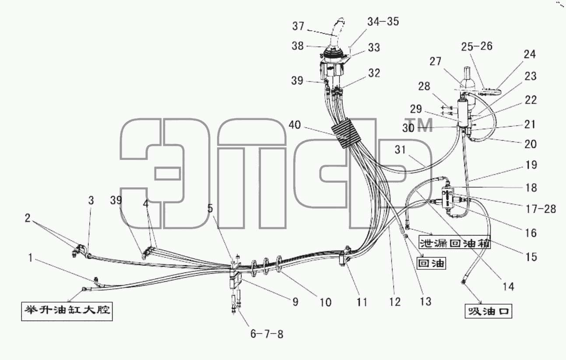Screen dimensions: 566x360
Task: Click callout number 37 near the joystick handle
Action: pos(298,26)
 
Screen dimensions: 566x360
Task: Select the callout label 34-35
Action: pos(383,21)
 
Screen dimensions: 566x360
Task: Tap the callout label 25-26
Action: pos(477,46)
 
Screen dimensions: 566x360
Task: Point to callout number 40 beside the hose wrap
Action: pos(295,125)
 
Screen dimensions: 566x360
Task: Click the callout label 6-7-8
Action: pos(267,334)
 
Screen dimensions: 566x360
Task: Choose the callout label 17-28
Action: pos(541,209)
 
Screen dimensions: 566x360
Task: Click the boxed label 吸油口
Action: pos(488,311)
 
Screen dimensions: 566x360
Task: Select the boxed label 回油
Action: pos(431,263)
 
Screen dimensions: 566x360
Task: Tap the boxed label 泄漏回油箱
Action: pos(454,244)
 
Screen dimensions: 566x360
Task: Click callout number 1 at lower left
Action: pos(30,258)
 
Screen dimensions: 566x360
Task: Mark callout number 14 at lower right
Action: pos(508,287)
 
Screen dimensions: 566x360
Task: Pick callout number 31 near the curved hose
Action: pos(400,150)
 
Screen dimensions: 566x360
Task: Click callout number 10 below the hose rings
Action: pos(325,302)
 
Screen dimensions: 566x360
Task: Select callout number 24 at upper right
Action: pos(530,54)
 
